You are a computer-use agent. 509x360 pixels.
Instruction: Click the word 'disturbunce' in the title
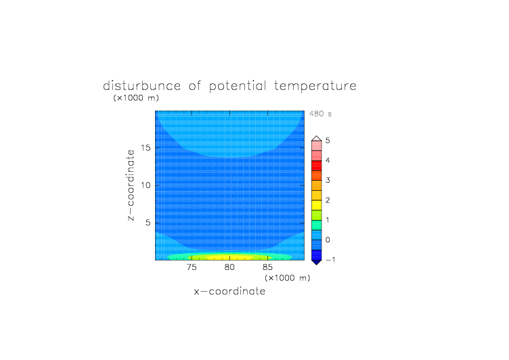coord(142,86)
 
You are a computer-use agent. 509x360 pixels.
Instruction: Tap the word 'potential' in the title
coord(238,87)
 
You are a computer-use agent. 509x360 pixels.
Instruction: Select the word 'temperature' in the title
coord(315,87)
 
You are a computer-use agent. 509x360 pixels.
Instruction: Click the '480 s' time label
coord(320,114)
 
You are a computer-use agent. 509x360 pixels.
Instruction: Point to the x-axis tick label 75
coord(192,267)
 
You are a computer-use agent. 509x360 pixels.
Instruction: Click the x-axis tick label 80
coord(229,267)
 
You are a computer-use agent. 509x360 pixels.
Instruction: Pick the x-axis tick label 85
coord(267,267)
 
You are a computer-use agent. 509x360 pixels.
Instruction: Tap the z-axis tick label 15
coord(146,148)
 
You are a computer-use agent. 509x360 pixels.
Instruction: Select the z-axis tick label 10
coord(146,185)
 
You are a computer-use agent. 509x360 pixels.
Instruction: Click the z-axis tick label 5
coord(148,223)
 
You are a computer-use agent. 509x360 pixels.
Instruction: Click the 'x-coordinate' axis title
coord(229,292)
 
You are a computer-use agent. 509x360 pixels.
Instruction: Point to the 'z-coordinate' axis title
coord(131,185)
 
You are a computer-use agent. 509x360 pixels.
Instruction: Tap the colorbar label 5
coord(328,141)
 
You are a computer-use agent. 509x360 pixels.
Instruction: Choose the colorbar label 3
coord(328,181)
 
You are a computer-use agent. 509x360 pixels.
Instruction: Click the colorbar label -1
coord(330,260)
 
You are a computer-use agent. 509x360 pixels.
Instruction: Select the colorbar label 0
coord(328,240)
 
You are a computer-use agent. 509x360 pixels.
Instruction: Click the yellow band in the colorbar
coord(317,205)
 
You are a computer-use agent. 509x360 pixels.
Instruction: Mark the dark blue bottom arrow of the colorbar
coord(317,262)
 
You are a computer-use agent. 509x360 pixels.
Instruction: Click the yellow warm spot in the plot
coord(229,258)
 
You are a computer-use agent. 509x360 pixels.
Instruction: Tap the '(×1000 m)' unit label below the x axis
coord(288,278)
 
